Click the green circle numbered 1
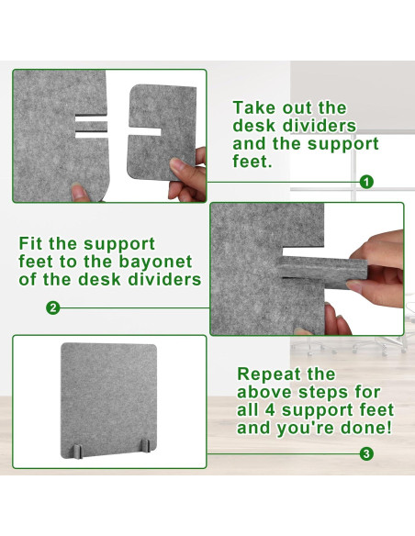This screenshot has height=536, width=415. pos(366,182)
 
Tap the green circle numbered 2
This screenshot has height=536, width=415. pos(52,308)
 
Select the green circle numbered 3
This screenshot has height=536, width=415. pos(366,454)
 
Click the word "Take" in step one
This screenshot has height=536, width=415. pos(254,108)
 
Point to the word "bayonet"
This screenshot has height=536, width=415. pos(155,262)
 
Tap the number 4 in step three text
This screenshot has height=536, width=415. pos(270,410)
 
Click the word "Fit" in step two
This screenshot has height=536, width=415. pos(31,244)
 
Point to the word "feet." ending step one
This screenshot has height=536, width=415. pos(252,162)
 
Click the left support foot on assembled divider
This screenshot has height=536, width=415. pos(78,452)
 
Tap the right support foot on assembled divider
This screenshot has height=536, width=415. pos(146,446)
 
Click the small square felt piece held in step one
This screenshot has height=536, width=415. pos(162,131)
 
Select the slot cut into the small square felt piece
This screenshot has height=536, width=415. pos(144,131)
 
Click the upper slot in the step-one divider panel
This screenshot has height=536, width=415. pos(91,118)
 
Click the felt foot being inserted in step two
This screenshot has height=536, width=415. pos(321,273)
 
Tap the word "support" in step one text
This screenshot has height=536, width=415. pos(342,143)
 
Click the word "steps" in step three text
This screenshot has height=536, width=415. pos(323,392)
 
